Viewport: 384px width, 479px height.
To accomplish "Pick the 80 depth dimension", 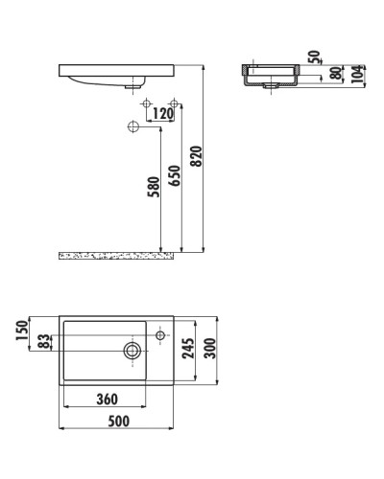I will click(335, 75).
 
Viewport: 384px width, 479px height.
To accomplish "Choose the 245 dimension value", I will click(188, 349).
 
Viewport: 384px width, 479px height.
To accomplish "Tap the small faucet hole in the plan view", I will click(160, 334).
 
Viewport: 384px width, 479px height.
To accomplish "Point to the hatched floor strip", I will click(115, 256).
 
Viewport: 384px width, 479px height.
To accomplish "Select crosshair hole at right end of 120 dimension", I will click(174, 103).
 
